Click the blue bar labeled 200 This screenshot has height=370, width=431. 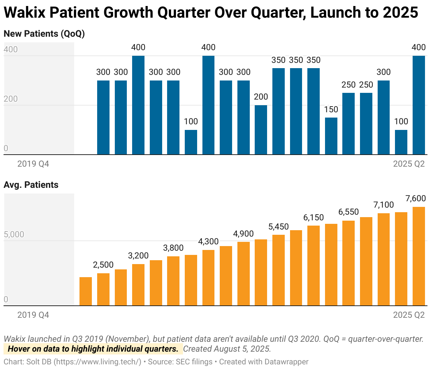(261, 130)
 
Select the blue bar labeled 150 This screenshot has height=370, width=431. (331, 136)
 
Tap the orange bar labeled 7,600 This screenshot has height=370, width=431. (419, 256)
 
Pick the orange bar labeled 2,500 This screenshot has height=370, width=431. (103, 289)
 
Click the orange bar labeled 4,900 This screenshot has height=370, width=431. (243, 274)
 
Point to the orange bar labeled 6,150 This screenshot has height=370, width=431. (313, 265)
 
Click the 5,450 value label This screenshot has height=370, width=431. (278, 227)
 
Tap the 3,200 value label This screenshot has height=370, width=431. (138, 256)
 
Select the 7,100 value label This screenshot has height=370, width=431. (383, 205)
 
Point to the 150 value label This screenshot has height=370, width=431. (331, 109)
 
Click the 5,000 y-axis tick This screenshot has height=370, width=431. (14, 235)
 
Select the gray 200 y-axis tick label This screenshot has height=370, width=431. (11, 99)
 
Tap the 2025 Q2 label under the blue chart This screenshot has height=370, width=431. (409, 164)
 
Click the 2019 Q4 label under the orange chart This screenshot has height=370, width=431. (33, 315)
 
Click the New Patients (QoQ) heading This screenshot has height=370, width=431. (44, 34)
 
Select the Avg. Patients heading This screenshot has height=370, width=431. (31, 185)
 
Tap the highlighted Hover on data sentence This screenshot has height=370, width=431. (93, 349)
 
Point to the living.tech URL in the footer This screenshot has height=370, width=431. (98, 362)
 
